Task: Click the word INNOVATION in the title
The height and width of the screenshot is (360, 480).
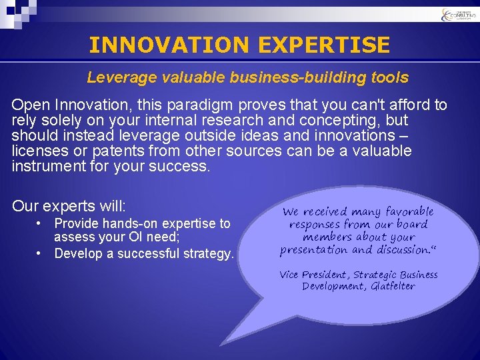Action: coord(168,45)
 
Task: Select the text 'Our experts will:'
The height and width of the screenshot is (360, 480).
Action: coord(69,205)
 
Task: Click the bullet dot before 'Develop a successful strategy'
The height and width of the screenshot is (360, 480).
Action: coord(41,253)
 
